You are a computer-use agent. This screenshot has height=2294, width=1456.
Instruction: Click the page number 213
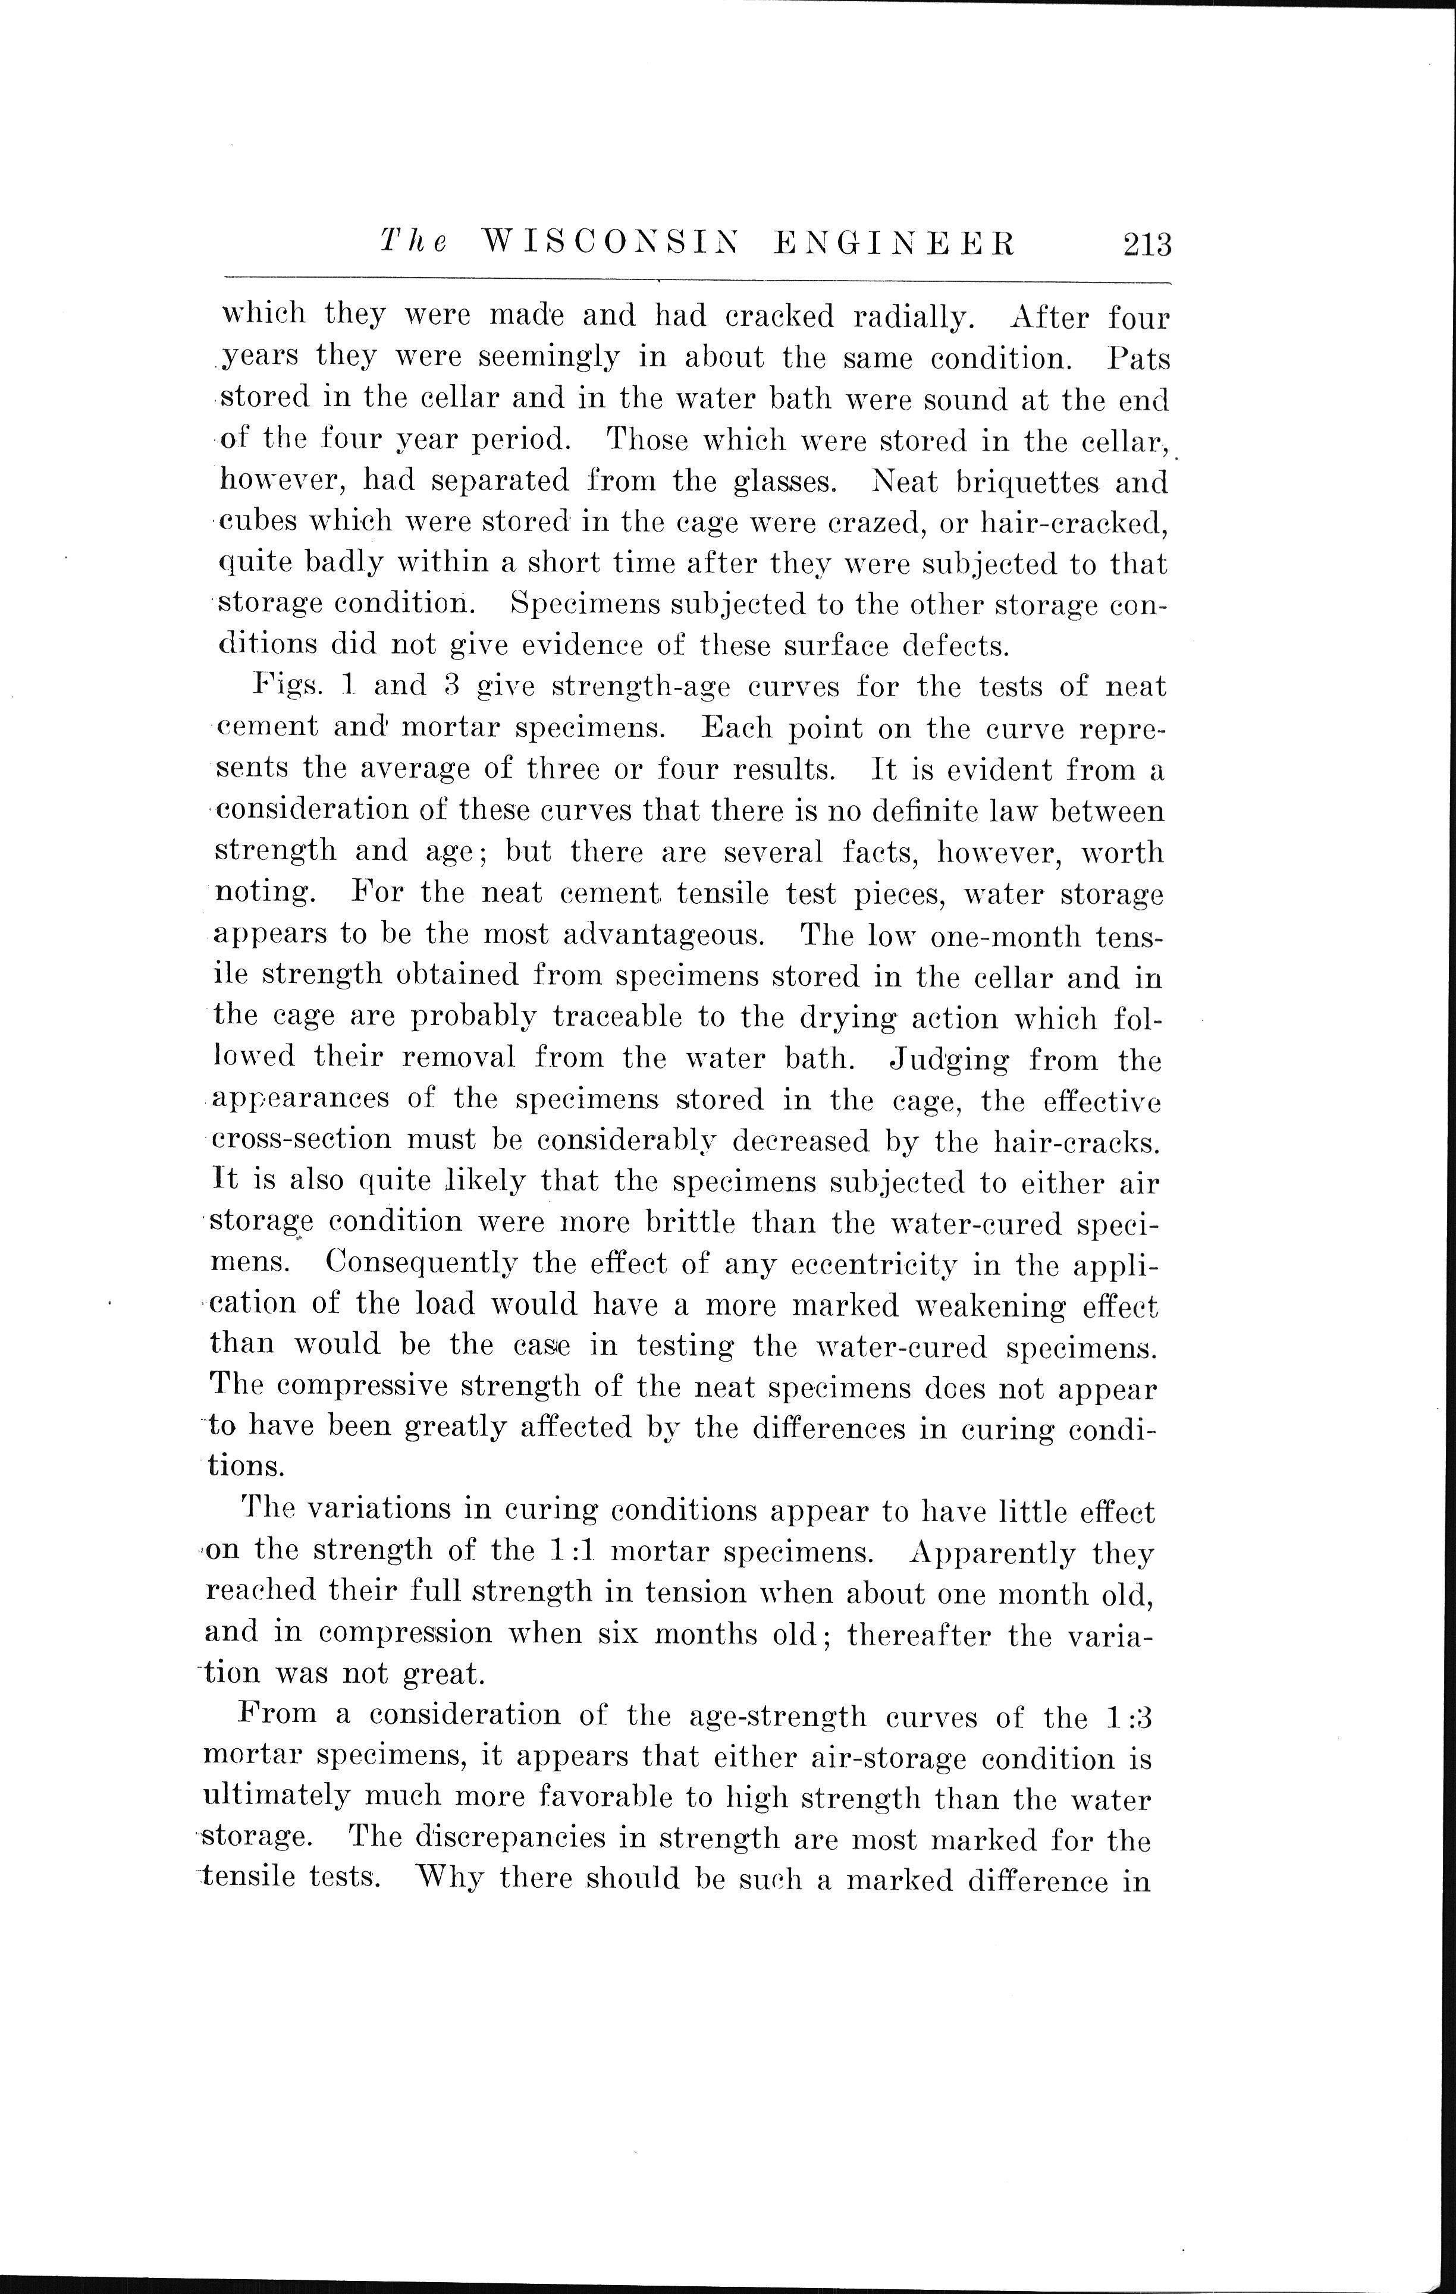pyautogui.click(x=1146, y=245)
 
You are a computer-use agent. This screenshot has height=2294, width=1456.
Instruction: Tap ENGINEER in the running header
pyautogui.click(x=896, y=244)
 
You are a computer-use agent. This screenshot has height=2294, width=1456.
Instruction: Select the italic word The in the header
pyautogui.click(x=413, y=244)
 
